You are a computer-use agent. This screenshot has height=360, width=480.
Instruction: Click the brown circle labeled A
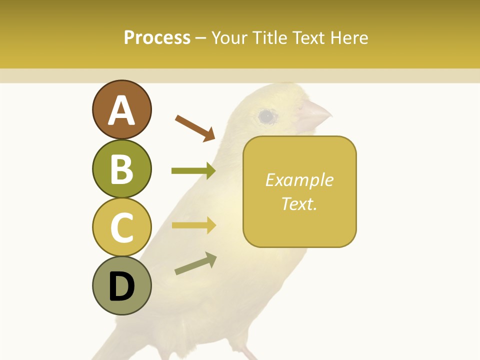121,109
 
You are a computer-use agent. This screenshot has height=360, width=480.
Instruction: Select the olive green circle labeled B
121,168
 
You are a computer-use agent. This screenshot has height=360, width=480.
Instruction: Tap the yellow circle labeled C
121,227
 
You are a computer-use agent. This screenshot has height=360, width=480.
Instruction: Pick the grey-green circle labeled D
121,286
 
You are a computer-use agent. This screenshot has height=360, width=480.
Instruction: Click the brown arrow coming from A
194,127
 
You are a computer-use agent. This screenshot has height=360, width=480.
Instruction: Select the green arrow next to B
193,171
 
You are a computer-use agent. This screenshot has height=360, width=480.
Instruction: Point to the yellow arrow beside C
193,225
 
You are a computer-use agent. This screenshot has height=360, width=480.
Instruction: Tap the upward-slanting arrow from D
195,263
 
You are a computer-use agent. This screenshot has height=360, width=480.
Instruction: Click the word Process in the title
157,37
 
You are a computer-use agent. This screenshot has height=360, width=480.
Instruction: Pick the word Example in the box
299,180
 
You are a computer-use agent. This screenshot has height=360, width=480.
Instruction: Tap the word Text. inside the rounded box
299,203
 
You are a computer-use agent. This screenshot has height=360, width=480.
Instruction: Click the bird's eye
266,117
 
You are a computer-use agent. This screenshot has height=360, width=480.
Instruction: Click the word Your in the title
229,37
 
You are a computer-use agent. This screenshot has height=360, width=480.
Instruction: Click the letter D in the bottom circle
121,286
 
